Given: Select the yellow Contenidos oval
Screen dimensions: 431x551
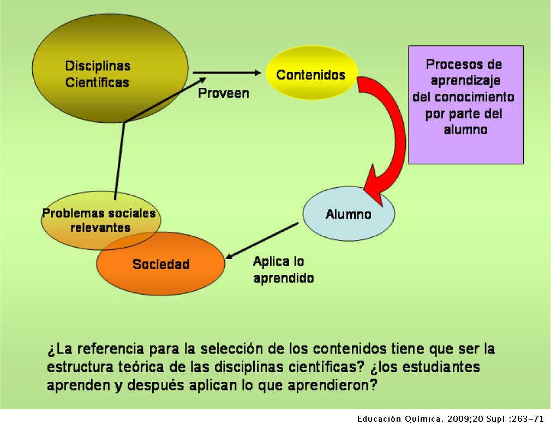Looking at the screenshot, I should [311, 74].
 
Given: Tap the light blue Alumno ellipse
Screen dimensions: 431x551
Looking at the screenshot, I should [348, 214].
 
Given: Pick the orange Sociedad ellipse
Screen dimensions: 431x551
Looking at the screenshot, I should [161, 265].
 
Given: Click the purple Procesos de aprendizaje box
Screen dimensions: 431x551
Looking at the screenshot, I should [465, 104].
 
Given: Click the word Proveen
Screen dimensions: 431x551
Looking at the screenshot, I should [223, 93].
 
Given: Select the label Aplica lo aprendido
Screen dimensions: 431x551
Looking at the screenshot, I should [283, 270].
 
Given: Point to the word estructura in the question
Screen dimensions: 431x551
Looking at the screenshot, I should [77, 367].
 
